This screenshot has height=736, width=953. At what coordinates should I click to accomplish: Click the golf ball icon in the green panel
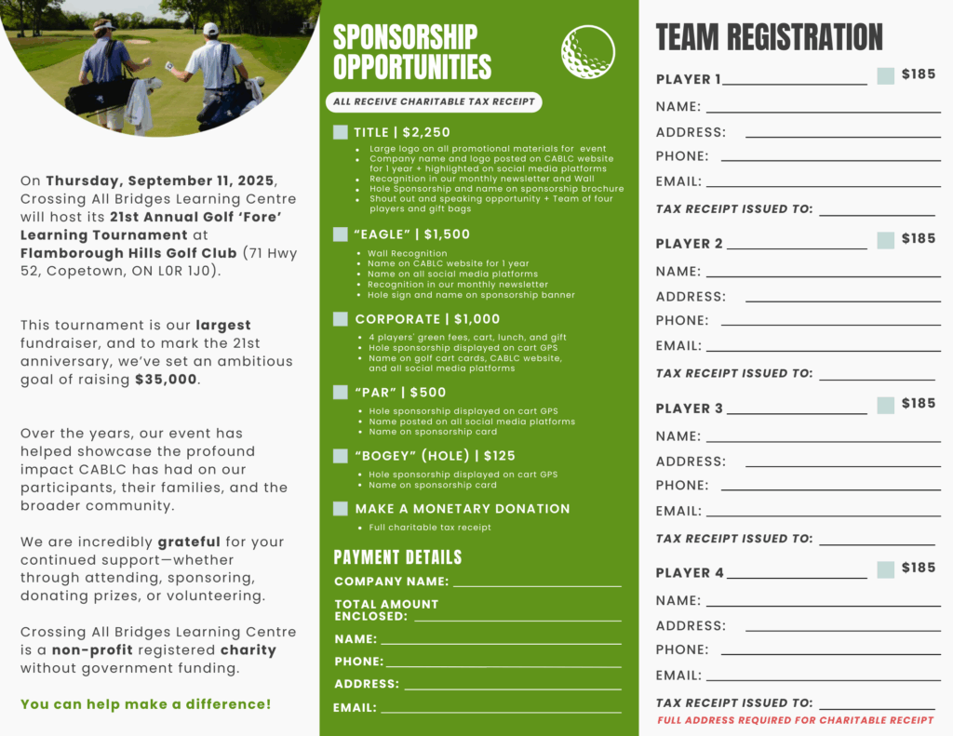pyautogui.click(x=588, y=52)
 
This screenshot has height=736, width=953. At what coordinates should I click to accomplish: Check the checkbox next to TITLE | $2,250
pyautogui.click(x=341, y=133)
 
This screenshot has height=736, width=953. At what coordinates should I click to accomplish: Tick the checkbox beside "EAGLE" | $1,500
pyautogui.click(x=341, y=234)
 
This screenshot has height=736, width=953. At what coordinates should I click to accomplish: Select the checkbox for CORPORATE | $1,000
pyautogui.click(x=341, y=319)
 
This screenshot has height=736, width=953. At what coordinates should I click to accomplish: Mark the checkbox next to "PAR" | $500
pyautogui.click(x=341, y=393)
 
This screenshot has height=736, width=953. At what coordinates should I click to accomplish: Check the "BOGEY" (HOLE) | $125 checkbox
pyautogui.click(x=341, y=456)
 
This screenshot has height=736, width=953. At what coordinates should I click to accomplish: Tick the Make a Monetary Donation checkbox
pyautogui.click(x=341, y=509)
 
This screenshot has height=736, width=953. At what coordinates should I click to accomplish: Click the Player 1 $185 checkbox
pyautogui.click(x=885, y=76)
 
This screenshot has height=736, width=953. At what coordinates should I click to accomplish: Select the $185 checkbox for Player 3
pyautogui.click(x=885, y=405)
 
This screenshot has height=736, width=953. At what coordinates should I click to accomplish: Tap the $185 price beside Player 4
pyautogui.click(x=919, y=568)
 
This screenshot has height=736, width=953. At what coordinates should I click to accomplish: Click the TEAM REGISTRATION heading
pyautogui.click(x=769, y=37)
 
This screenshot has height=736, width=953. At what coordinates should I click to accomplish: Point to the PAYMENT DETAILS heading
pyautogui.click(x=397, y=557)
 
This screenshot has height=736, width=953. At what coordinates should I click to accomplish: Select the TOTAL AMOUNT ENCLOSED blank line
pyautogui.click(x=517, y=619)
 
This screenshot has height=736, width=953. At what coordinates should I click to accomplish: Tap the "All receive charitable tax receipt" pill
pyautogui.click(x=433, y=102)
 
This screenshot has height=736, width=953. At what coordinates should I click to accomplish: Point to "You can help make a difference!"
pyautogui.click(x=146, y=704)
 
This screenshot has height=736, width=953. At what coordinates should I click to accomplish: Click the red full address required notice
pyautogui.click(x=795, y=720)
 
